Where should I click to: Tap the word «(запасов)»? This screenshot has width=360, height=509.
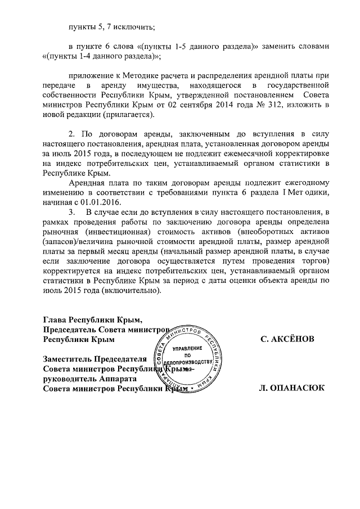(61, 242)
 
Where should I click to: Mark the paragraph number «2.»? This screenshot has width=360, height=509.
(72, 134)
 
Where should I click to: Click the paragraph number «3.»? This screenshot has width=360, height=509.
(72, 212)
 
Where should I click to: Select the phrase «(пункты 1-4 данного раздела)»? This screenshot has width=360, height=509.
(102, 56)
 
